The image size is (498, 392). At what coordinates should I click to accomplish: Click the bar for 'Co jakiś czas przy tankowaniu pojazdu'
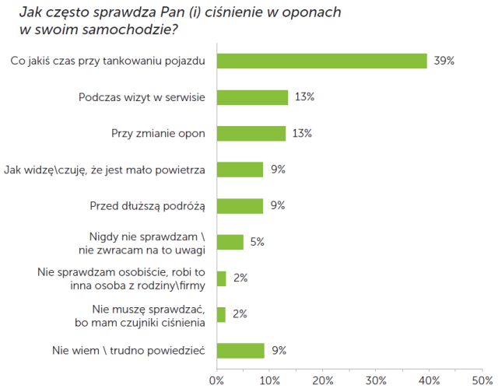[x=321, y=61]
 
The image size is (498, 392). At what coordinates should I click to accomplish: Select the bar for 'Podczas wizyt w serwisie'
[x=252, y=97]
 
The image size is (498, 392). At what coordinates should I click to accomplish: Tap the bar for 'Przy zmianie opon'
[x=251, y=133]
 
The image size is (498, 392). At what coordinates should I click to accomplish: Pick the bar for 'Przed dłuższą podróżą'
[x=240, y=205]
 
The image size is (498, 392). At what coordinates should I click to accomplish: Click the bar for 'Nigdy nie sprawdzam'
[x=230, y=242]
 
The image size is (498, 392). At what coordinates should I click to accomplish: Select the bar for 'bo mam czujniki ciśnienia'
[x=221, y=314]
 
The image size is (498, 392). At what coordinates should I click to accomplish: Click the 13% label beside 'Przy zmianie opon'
[x=302, y=133]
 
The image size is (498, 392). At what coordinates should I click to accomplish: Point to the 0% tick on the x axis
[x=216, y=381]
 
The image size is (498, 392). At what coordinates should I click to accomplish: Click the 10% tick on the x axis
[x=269, y=381]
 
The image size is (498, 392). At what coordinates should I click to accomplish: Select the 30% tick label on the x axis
[x=377, y=381]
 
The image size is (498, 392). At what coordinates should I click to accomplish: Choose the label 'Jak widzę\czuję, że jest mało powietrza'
[x=104, y=170]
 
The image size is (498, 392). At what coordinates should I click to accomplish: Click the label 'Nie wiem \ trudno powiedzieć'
[x=128, y=350]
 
